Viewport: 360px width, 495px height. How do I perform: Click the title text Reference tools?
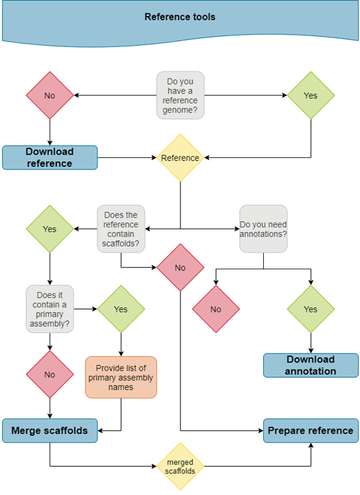pyautogui.click(x=180, y=17)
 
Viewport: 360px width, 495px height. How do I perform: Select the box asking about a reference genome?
pyautogui.click(x=181, y=95)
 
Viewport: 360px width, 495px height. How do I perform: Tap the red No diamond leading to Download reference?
pyautogui.click(x=50, y=96)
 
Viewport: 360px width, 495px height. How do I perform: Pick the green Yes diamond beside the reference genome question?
pyautogui.click(x=310, y=96)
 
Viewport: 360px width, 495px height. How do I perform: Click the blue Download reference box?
pyautogui.click(x=50, y=157)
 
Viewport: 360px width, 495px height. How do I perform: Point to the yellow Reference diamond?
pyautogui.click(x=180, y=157)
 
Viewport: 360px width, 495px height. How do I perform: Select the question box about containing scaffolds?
pyautogui.click(x=121, y=228)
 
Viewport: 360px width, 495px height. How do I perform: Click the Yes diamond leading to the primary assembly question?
pyautogui.click(x=50, y=229)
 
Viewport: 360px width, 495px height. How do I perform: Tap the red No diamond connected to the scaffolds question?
pyautogui.click(x=180, y=268)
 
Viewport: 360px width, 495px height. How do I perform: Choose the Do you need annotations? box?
pyautogui.click(x=263, y=229)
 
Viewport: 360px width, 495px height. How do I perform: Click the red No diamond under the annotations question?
pyautogui.click(x=215, y=309)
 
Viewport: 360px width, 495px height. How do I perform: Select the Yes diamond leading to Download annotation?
pyautogui.click(x=310, y=309)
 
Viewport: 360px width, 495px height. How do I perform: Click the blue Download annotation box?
pyautogui.click(x=310, y=365)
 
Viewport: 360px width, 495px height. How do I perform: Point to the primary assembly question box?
pyautogui.click(x=50, y=309)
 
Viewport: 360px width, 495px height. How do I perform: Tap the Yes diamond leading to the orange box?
pyautogui.click(x=121, y=309)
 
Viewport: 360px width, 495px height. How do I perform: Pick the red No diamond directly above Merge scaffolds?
pyautogui.click(x=50, y=374)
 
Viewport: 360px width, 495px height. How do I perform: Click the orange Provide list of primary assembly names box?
pyautogui.click(x=121, y=377)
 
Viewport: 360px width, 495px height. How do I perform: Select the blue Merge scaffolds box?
pyautogui.click(x=50, y=430)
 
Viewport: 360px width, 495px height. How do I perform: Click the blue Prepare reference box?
pyautogui.click(x=310, y=430)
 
